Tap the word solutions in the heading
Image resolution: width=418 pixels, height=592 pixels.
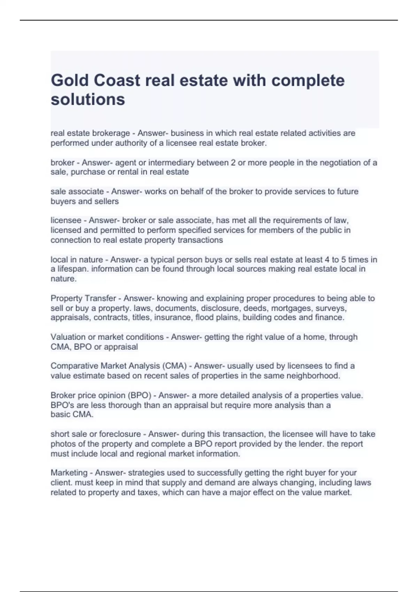pyautogui.click(x=88, y=100)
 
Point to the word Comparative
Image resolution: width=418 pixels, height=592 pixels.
pyautogui.click(x=74, y=366)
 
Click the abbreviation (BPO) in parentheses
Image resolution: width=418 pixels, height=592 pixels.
pyautogui.click(x=139, y=396)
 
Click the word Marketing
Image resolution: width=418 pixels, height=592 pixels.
pyautogui.click(x=69, y=473)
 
